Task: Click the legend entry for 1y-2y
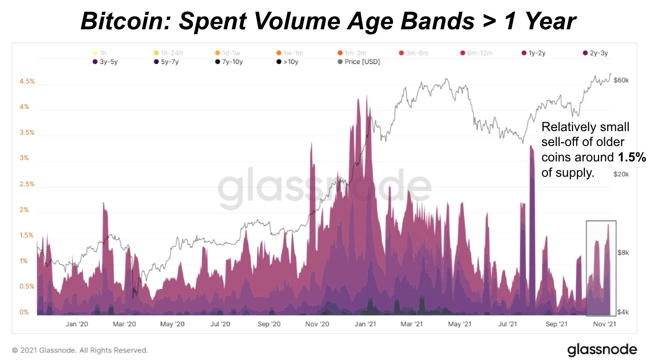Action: (534, 53)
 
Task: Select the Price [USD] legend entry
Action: (358, 62)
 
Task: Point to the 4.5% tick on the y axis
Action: (27, 81)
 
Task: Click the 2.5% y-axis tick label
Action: (27, 184)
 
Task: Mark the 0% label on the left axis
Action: (23, 312)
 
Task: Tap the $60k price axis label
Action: (621, 80)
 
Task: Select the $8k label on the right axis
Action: (623, 252)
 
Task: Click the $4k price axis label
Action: (623, 312)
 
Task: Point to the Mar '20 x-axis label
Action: (124, 324)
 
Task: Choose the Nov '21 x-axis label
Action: (604, 324)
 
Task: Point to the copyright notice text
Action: (80, 350)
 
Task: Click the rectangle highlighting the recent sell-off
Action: (601, 268)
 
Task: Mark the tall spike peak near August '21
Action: (531, 146)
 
